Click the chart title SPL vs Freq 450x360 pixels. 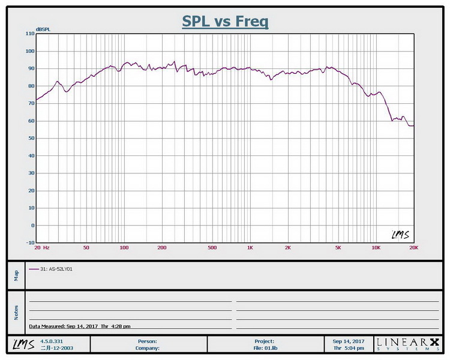click(x=225, y=22)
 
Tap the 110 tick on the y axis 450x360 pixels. click(x=29, y=34)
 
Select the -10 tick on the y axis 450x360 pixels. click(x=29, y=244)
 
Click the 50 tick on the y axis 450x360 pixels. click(x=31, y=139)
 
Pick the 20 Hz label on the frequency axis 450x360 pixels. click(x=42, y=247)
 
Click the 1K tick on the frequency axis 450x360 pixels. click(x=250, y=247)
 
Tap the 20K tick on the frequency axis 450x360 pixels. click(x=413, y=247)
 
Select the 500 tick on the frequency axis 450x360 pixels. click(x=212, y=247)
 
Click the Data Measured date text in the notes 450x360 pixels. click(x=80, y=326)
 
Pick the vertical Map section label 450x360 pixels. click(x=16, y=275)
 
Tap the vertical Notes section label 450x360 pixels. click(x=16, y=312)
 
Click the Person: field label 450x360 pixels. click(x=148, y=341)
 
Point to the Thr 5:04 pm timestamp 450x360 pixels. click(x=349, y=347)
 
